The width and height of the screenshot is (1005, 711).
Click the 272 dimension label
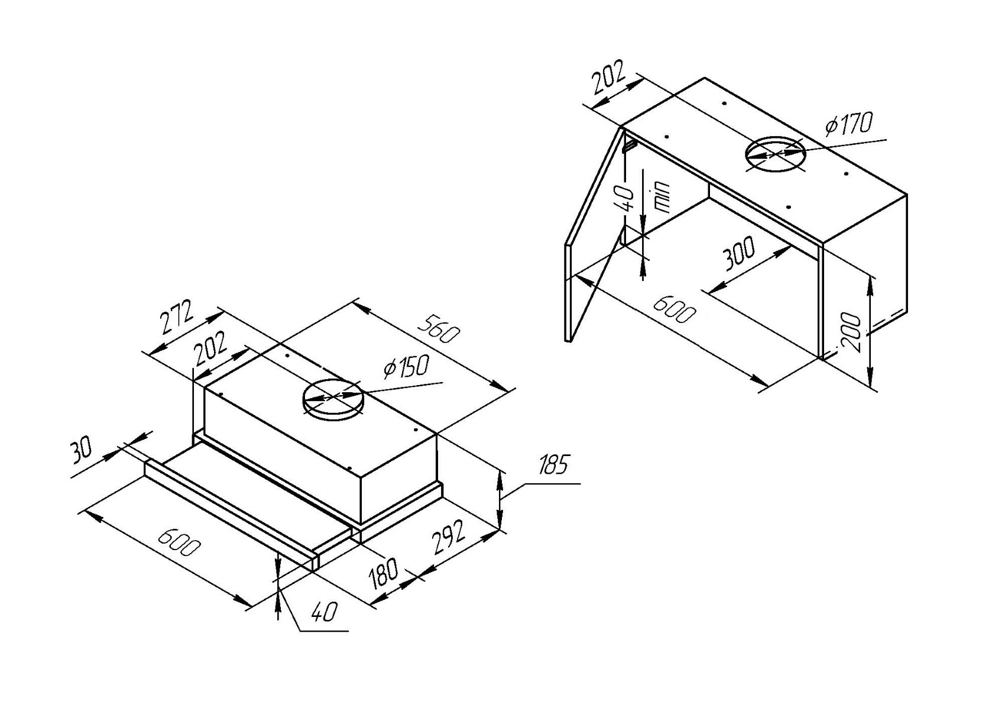178,317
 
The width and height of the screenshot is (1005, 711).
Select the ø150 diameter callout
407,367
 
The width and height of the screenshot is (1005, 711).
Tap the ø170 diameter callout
849,124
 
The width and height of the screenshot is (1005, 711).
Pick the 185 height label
553,464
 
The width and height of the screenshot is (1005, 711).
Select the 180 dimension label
382,574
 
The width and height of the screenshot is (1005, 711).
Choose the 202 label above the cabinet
608,77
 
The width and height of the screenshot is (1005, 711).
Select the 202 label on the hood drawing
211,349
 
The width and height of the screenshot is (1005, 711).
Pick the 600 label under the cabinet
674,309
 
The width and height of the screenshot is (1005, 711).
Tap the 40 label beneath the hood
323,612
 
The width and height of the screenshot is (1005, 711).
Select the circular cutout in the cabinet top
775,154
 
